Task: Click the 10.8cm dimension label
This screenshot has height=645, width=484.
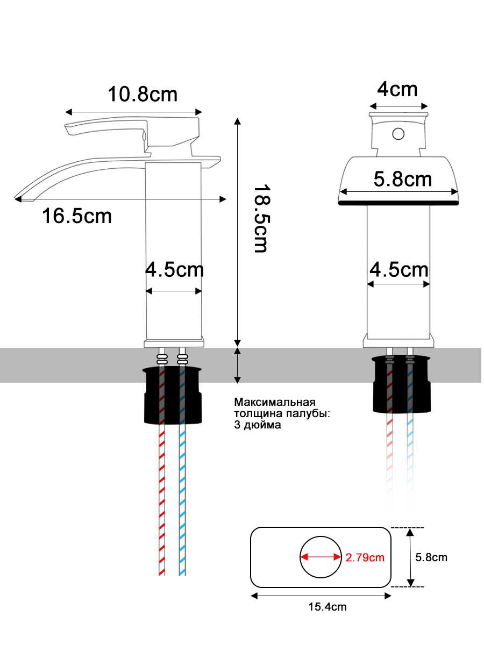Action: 143,95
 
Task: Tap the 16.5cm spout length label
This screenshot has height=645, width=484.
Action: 77,216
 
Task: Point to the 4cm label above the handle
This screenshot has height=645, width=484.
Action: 397,89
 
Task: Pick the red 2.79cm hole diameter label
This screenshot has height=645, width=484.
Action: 365,557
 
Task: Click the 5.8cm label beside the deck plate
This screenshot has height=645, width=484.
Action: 431,557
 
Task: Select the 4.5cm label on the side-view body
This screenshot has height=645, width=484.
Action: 175,269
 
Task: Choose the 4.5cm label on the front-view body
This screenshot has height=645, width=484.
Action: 399,269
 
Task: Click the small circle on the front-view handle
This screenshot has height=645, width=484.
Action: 398,133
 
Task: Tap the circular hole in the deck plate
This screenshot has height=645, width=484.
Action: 321,557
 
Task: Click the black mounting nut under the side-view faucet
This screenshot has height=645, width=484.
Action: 172,395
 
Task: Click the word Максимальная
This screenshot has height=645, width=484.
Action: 274,402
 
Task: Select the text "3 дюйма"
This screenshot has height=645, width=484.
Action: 258,425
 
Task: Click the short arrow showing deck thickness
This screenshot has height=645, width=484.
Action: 238,365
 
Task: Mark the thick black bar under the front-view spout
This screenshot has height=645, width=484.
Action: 398,203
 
